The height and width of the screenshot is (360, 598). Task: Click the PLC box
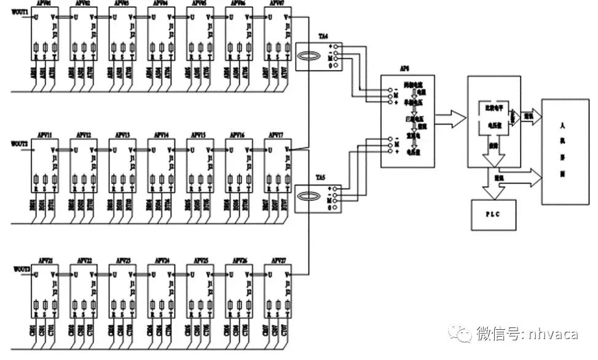(x=492, y=214)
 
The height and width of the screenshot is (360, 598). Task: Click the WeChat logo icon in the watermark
(x=461, y=332)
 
